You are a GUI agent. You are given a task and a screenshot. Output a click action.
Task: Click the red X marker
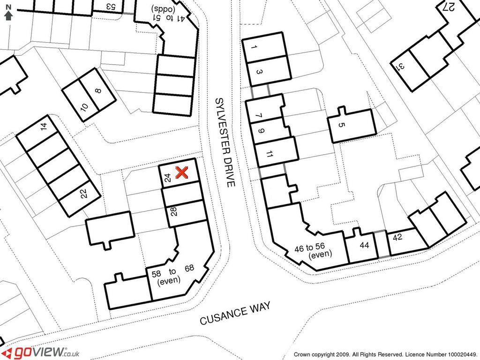182,172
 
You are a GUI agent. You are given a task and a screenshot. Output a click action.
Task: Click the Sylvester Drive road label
225,142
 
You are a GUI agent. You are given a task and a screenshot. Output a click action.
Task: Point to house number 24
167,178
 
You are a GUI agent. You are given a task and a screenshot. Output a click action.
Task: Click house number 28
173,212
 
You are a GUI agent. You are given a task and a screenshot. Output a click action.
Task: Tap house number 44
364,245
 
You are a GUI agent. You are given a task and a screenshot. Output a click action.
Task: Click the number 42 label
397,237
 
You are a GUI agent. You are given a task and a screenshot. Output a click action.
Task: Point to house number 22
83,194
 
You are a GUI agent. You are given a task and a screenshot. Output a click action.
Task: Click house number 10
84,107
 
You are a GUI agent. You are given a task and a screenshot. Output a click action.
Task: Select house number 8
98,90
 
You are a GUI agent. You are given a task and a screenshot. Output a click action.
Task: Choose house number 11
270,154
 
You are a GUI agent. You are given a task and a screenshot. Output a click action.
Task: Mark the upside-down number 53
111,6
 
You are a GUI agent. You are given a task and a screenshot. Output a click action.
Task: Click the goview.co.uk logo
43,352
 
